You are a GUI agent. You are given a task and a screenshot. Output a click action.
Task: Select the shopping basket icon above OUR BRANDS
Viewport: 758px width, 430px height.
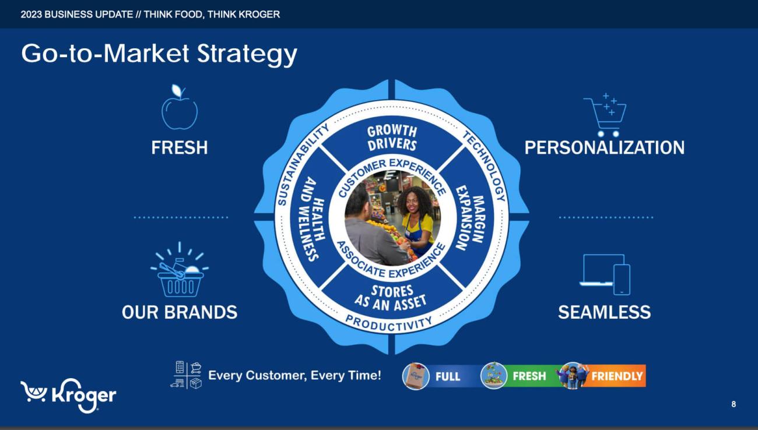point(180,270)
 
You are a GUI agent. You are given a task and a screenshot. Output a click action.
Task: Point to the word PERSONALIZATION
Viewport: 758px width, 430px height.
point(604,147)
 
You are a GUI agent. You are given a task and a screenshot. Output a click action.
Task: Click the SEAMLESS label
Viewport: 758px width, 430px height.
point(604,312)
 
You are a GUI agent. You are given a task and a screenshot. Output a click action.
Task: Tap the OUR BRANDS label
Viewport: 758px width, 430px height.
point(180,312)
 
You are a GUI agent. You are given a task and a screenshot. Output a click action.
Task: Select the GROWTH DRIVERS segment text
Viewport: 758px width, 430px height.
point(392,138)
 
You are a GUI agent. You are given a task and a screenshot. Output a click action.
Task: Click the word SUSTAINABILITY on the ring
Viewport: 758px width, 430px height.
point(301,165)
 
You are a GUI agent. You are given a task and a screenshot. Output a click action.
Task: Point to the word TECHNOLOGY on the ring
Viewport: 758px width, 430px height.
point(485,165)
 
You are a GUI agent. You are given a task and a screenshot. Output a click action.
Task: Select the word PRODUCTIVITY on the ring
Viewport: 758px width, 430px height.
point(389,322)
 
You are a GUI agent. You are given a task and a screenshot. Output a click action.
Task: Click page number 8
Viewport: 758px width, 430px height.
point(734,404)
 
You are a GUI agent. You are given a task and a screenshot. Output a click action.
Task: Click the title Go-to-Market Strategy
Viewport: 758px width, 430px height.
point(159,54)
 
